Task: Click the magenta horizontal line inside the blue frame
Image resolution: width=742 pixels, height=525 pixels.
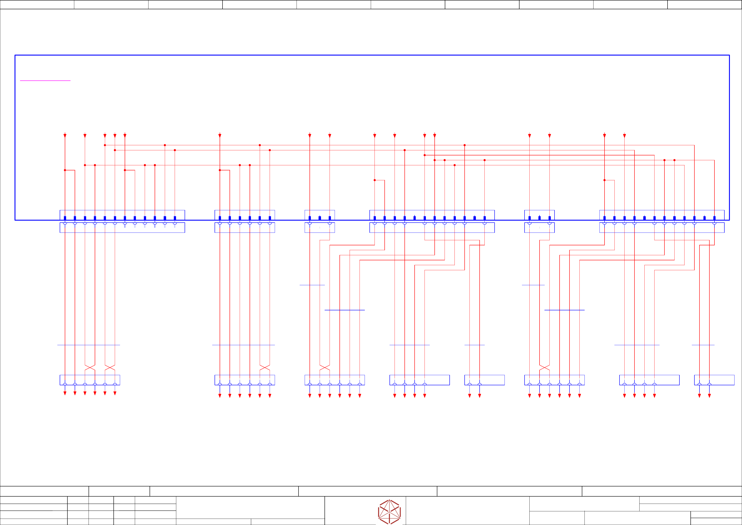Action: (x=45, y=80)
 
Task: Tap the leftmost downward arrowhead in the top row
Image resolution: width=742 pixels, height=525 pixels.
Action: (x=65, y=136)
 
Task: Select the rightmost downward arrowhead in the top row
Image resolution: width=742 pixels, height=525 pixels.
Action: (x=624, y=136)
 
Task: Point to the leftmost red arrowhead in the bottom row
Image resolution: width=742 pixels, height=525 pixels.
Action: (x=65, y=393)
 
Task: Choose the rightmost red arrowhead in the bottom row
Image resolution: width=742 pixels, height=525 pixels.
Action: (x=709, y=396)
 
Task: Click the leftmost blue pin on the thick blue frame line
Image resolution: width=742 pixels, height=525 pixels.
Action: (x=65, y=218)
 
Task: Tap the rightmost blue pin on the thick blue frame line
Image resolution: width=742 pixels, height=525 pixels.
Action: (x=714, y=218)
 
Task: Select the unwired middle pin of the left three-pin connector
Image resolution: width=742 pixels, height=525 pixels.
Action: (x=320, y=218)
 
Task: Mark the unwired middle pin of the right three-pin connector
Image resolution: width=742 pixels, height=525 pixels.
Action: (x=539, y=218)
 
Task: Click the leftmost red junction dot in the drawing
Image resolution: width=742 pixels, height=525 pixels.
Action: (x=65, y=170)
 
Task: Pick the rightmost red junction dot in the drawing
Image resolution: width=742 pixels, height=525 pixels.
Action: (x=674, y=160)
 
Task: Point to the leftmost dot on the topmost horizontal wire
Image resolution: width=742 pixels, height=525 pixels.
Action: (x=105, y=145)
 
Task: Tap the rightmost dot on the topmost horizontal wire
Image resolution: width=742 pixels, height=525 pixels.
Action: (x=464, y=145)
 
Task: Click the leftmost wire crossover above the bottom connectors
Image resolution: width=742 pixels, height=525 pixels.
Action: (x=90, y=368)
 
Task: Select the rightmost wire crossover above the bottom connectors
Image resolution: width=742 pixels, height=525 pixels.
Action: (x=545, y=368)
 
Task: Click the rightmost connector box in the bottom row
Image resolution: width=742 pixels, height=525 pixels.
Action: (x=714, y=380)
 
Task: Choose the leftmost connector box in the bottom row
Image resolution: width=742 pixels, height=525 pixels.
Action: (x=90, y=380)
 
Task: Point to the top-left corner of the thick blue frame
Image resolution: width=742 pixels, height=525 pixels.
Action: (x=15, y=55)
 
